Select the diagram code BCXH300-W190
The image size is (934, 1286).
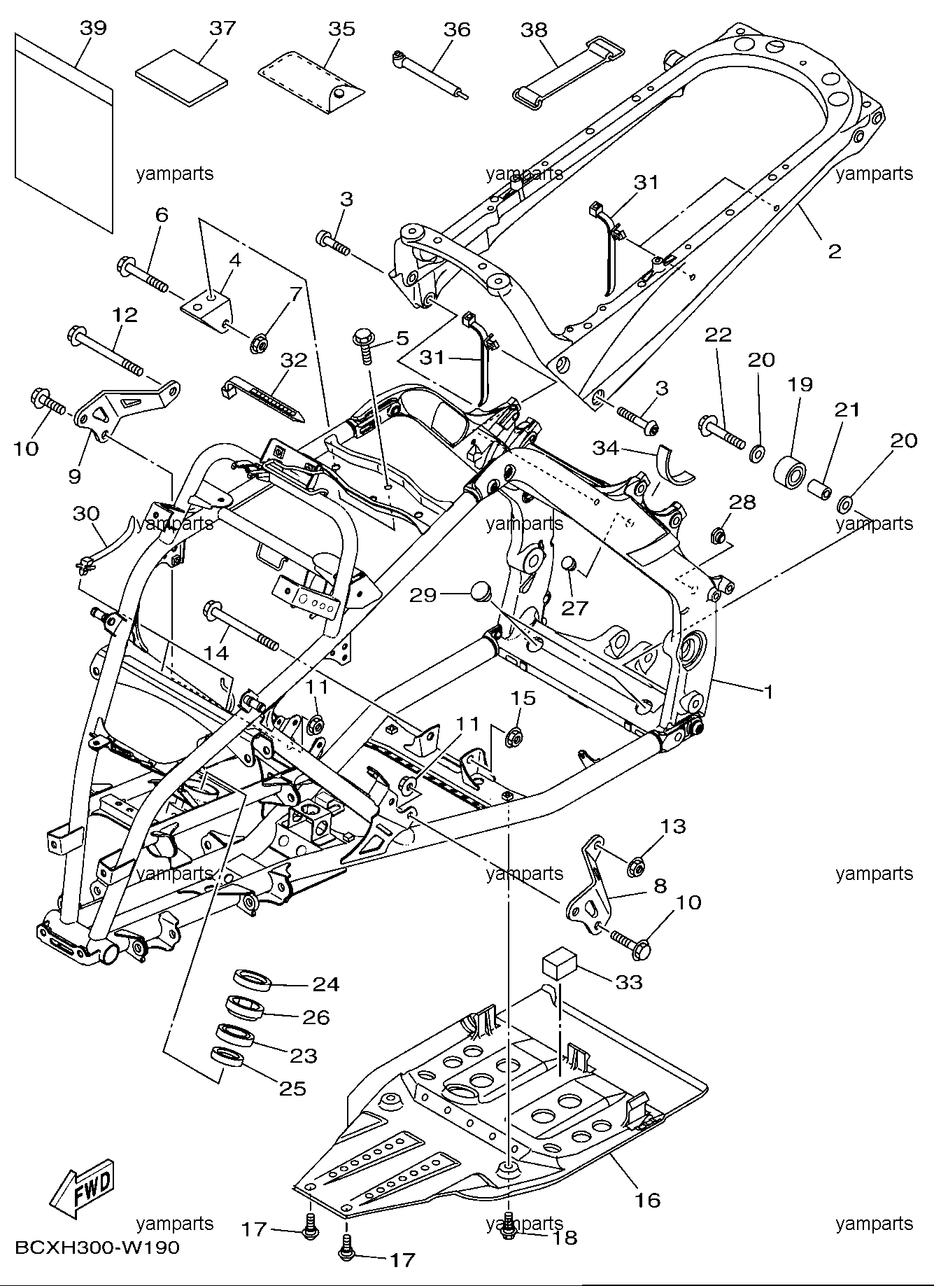[x=97, y=1247]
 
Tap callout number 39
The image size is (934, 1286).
[x=93, y=28]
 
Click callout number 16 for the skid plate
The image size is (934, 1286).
[x=649, y=1199]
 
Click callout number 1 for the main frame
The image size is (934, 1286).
[x=768, y=692]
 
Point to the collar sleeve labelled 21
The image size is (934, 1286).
[x=819, y=487]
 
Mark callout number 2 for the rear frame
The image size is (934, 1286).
[x=835, y=251]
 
